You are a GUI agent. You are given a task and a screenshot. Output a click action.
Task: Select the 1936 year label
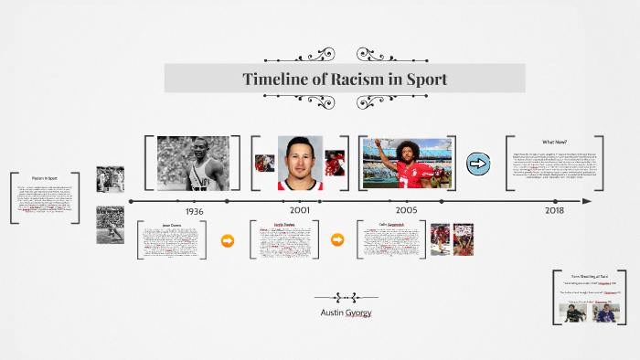coord(194,210)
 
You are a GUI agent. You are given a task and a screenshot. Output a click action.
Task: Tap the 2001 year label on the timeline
coord(300,210)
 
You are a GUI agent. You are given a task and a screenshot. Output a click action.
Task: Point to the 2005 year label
coord(406,210)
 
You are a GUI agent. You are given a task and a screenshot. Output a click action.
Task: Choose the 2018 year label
coord(554,210)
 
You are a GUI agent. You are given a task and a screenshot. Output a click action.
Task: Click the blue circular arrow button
coord(478,164)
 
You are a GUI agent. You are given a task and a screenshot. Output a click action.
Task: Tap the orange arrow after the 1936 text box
coord(228,241)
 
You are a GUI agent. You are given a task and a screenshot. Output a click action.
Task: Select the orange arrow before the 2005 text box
coord(336,240)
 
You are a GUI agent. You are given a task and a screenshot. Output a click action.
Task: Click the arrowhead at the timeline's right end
coord(587,201)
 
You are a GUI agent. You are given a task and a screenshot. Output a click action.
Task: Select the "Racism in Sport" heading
coord(44,177)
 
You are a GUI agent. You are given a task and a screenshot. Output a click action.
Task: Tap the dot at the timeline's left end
coord(132,201)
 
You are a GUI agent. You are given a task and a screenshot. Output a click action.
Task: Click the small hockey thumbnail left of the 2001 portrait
coord(265,164)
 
